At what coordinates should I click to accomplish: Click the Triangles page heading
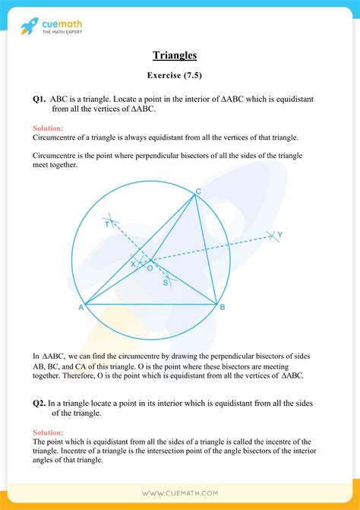(x=179, y=55)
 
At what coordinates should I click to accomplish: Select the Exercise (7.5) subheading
(x=179, y=77)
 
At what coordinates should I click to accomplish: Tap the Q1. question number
(x=39, y=100)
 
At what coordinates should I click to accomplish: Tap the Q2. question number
(x=39, y=402)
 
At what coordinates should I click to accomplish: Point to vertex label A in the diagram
(x=80, y=308)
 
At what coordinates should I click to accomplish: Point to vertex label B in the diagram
(x=223, y=307)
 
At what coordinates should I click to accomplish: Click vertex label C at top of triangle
(x=198, y=191)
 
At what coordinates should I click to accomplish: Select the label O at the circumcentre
(x=150, y=268)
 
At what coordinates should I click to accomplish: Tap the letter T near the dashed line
(x=107, y=225)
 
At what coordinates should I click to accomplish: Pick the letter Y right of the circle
(x=279, y=235)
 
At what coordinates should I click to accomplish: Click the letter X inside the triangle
(x=133, y=264)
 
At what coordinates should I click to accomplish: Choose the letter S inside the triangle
(x=166, y=283)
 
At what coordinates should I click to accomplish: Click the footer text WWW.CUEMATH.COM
(x=179, y=493)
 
